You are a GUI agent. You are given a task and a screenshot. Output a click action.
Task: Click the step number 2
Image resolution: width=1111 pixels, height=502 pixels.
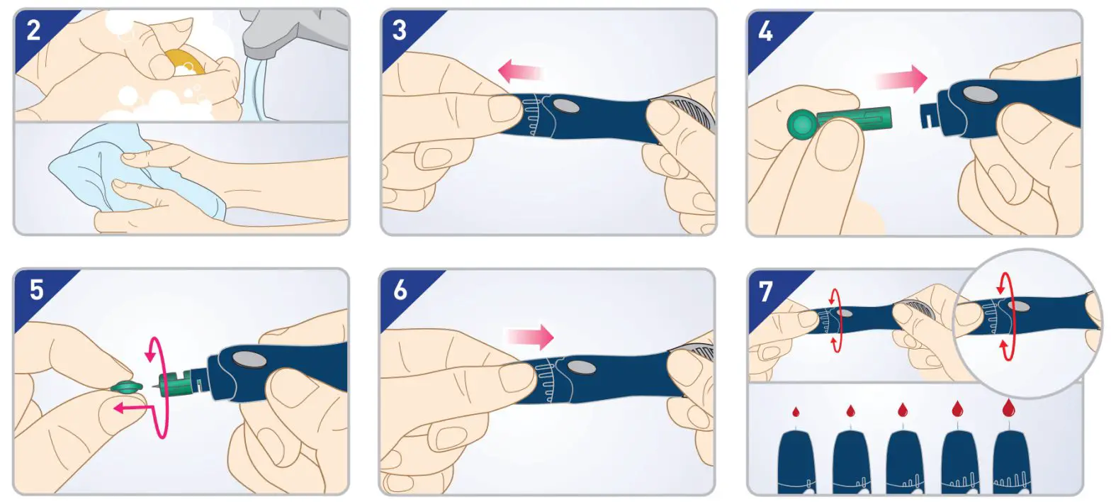pyautogui.click(x=33, y=30)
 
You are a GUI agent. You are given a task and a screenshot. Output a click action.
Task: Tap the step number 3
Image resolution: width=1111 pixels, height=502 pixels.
pyautogui.click(x=400, y=30)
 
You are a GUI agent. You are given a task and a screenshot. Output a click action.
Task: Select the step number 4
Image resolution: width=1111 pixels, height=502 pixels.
pyautogui.click(x=765, y=31)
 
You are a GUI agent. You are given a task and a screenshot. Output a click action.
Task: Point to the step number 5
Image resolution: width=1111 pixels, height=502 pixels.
pyautogui.click(x=36, y=289)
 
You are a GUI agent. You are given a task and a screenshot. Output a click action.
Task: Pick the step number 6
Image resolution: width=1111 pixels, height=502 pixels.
pyautogui.click(x=400, y=289)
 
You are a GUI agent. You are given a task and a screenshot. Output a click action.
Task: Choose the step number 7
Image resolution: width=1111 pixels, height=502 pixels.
pyautogui.click(x=766, y=291)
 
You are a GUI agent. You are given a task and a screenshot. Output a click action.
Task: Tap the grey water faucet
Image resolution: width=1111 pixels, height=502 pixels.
pyautogui.click(x=294, y=30)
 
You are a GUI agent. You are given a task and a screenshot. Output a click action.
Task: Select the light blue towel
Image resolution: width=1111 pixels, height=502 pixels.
pyautogui.click(x=134, y=169)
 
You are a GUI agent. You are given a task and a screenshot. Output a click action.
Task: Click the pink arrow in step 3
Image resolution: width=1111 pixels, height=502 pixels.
pyautogui.click(x=520, y=72)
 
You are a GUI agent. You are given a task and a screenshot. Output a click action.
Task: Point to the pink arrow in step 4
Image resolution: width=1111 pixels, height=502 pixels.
pyautogui.click(x=902, y=79)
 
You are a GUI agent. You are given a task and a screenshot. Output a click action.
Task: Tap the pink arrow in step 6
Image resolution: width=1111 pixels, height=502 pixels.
pyautogui.click(x=530, y=338)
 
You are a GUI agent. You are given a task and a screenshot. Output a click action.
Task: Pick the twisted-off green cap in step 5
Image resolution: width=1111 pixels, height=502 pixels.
pyautogui.click(x=126, y=387)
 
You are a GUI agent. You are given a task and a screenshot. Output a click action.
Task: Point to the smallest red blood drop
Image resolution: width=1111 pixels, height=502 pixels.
pyautogui.click(x=796, y=412)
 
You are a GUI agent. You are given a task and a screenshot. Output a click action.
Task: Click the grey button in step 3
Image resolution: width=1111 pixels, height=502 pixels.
pyautogui.click(x=565, y=106)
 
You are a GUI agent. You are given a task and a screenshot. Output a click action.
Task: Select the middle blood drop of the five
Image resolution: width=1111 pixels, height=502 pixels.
pyautogui.click(x=903, y=409)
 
